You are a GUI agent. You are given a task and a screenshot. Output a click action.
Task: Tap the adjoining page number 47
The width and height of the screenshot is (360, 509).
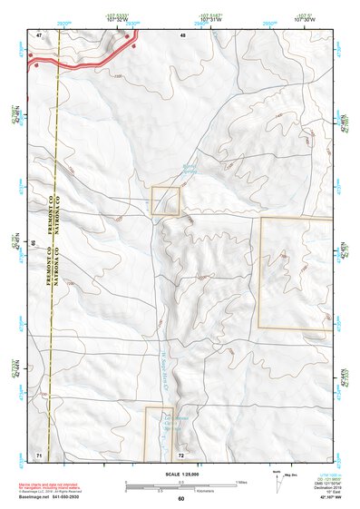pyautogui.click(x=39, y=34)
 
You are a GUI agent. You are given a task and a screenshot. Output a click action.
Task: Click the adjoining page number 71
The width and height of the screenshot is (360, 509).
pyautogui.click(x=39, y=453)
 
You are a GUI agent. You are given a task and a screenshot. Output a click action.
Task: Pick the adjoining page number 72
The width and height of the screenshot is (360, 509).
pyautogui.click(x=181, y=453)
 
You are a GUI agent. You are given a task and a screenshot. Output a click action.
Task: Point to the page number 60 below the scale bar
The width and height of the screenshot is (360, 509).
pyautogui.click(x=180, y=498)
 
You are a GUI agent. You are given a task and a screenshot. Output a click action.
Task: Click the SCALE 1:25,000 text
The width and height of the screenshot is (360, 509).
pyautogui.click(x=180, y=474)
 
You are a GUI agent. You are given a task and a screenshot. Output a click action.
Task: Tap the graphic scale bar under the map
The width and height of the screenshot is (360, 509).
pyautogui.click(x=180, y=484)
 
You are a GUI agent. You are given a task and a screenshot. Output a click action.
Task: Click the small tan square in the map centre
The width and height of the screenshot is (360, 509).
pyautogui.click(x=165, y=201)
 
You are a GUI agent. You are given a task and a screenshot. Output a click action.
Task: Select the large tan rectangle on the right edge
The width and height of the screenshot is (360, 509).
pyautogui.click(x=296, y=272)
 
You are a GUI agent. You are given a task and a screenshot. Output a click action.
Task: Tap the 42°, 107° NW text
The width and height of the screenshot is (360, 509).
pyautogui.click(x=326, y=498)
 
